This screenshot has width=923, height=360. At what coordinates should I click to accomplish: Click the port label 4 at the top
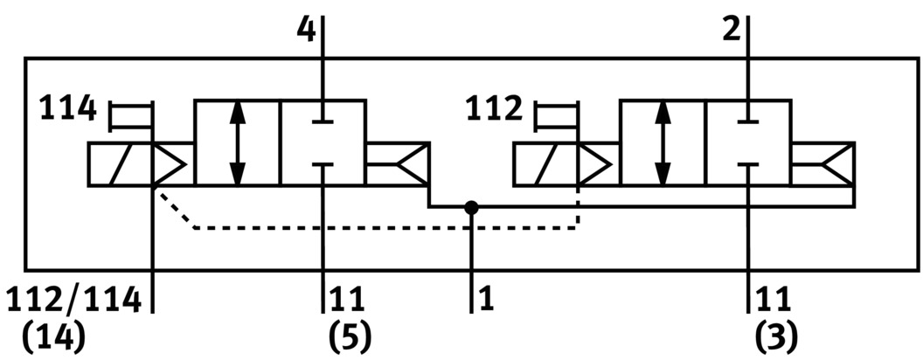coord(305,29)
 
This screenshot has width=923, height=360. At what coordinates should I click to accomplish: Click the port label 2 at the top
coord(731,29)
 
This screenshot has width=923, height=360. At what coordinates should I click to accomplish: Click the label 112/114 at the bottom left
coord(73,300)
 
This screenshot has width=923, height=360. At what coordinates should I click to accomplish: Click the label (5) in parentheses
coord(350,336)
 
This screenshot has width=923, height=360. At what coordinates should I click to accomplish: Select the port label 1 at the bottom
coord(487,300)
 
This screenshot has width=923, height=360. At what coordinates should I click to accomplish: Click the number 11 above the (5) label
coord(347,300)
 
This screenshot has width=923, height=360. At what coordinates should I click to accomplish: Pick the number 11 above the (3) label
coord(773,300)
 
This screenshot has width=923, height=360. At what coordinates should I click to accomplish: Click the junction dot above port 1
coord(472,207)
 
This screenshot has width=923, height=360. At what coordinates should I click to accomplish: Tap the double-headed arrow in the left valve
coord(237,142)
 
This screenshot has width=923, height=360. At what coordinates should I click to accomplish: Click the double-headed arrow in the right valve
coord(663,142)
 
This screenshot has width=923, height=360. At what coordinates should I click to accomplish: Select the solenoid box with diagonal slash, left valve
coord(120,164)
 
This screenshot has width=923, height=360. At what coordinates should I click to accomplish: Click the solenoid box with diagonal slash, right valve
coord(546,164)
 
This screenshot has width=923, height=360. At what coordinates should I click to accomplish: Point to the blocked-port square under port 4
coord(323,142)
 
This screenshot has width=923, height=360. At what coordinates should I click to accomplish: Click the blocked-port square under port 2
coord(749,142)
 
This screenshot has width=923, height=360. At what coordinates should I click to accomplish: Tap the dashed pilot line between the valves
coord(385,228)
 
